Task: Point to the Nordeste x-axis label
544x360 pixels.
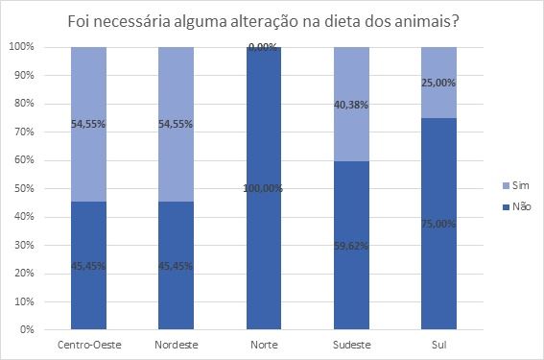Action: tap(176, 343)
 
